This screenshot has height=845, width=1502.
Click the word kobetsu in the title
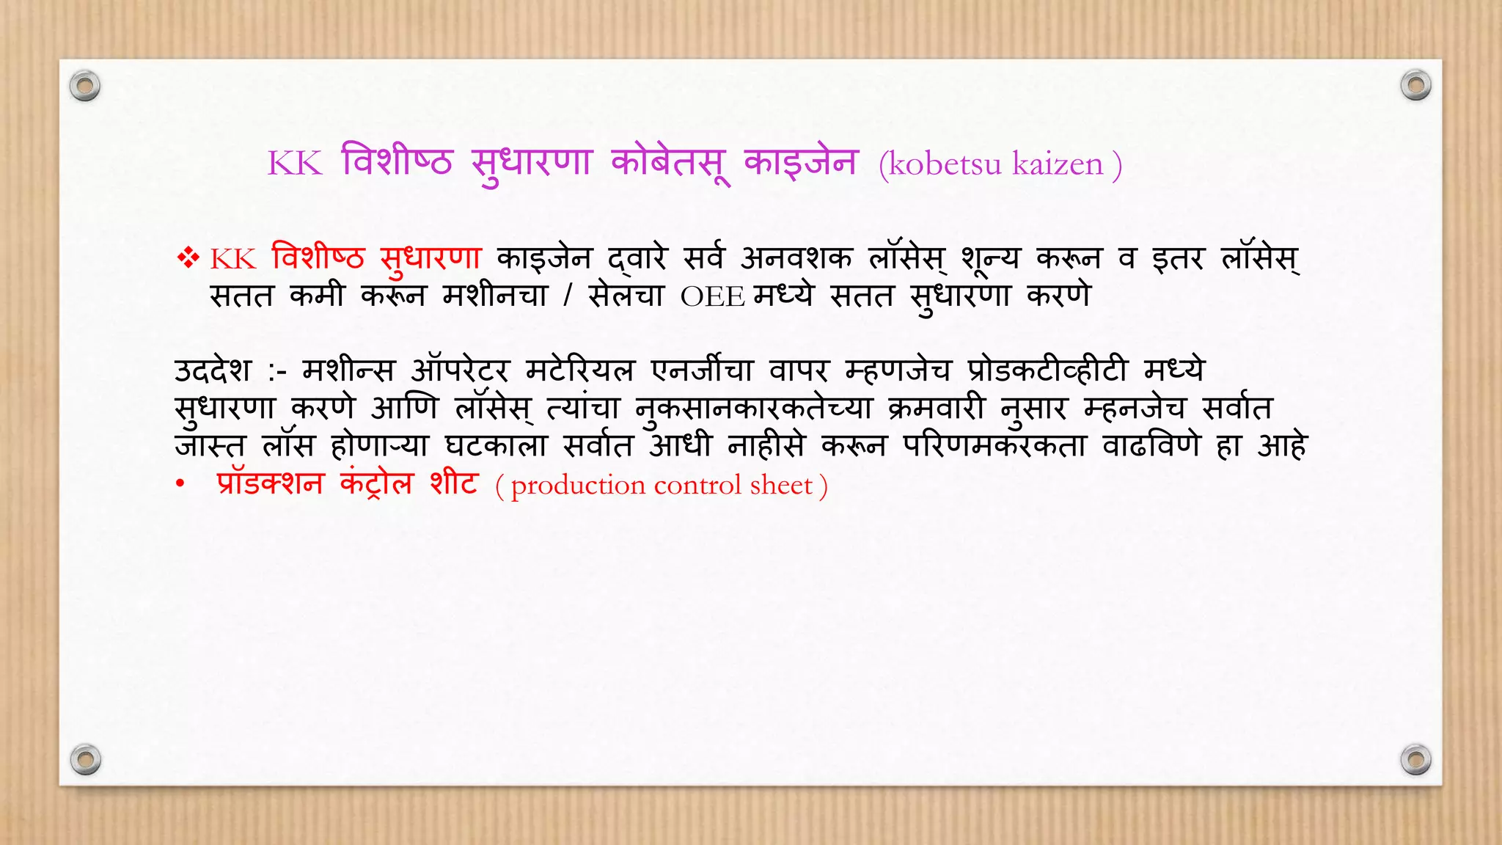(x=945, y=164)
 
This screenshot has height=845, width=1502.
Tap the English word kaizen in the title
(x=1058, y=164)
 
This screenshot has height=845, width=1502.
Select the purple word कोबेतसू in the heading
(x=670, y=163)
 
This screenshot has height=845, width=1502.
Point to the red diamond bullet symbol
(x=188, y=258)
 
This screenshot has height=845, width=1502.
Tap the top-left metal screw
(x=85, y=86)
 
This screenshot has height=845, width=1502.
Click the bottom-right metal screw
(x=1415, y=759)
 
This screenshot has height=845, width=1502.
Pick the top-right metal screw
(x=1415, y=85)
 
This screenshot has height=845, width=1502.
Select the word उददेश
(x=213, y=370)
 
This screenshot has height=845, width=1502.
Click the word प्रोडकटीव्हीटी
(x=1047, y=370)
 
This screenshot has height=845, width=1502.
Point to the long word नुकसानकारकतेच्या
(x=753, y=409)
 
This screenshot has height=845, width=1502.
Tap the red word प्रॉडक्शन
(x=270, y=483)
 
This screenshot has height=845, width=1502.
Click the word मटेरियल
(x=579, y=370)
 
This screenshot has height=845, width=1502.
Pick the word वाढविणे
(x=1151, y=445)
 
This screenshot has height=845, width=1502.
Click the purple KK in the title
(x=295, y=164)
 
